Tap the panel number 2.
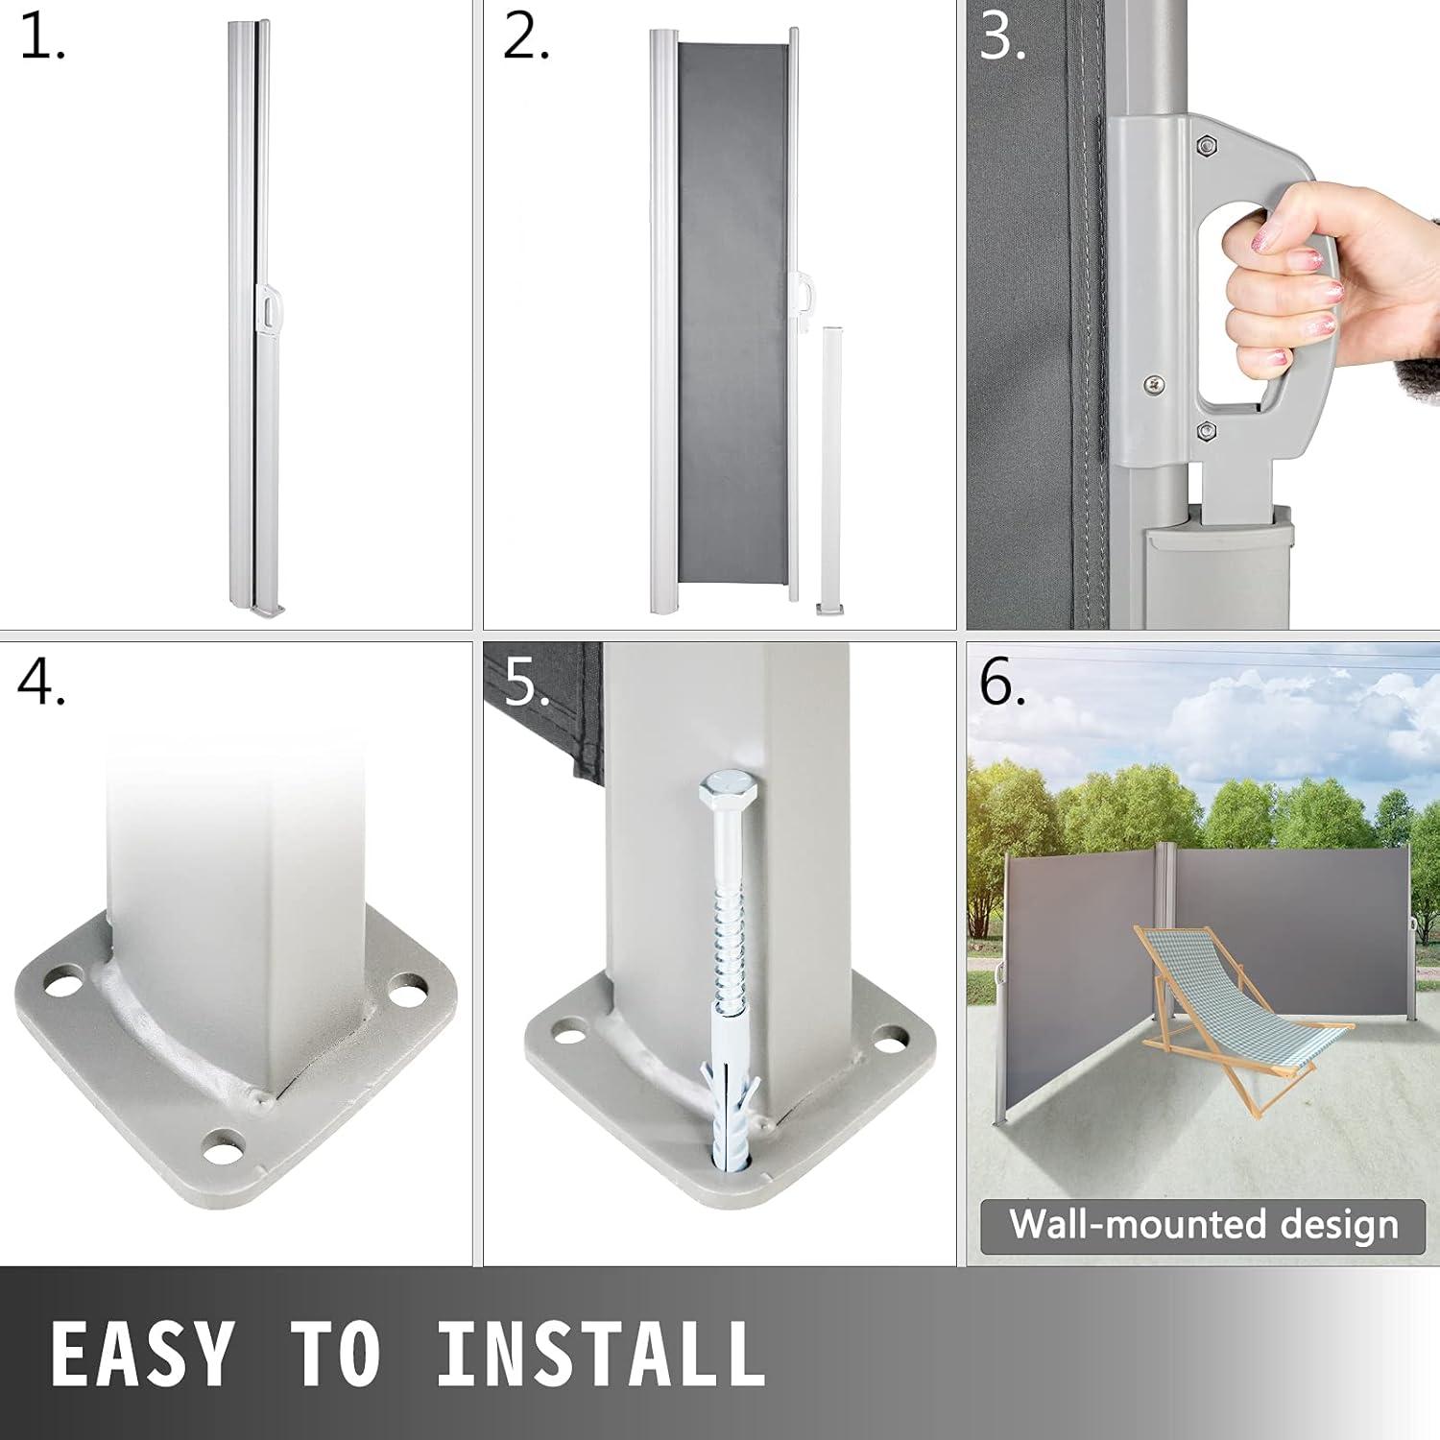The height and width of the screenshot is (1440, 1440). (x=526, y=39)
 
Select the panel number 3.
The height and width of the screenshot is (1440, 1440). (x=1003, y=39)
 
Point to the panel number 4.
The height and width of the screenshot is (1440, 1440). (x=41, y=684)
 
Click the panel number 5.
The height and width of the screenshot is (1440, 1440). (x=527, y=684)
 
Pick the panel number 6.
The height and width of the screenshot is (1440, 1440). (x=1002, y=684)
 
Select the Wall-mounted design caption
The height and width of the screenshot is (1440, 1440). (x=1203, y=1225)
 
